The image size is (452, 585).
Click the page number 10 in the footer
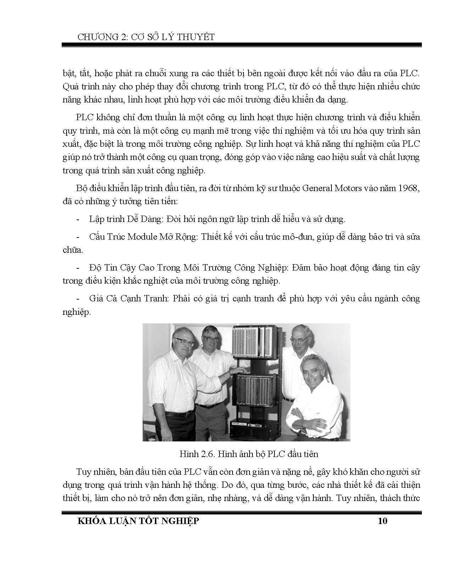[x=383, y=521]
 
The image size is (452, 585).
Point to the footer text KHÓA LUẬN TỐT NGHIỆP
[x=138, y=521]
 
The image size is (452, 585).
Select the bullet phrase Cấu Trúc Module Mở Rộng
[x=143, y=236]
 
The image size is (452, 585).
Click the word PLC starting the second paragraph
[x=84, y=117]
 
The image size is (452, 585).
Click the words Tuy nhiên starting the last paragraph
[x=92, y=472]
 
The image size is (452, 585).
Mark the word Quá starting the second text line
[x=69, y=87]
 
